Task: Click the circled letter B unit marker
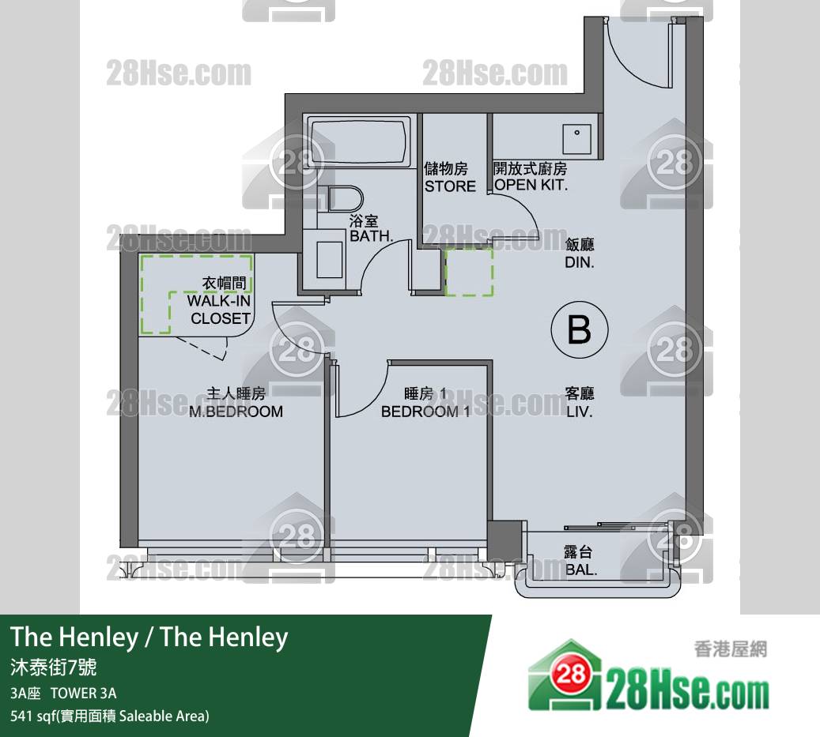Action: tap(580, 329)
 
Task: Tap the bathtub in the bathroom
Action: tap(359, 141)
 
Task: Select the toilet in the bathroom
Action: tap(345, 199)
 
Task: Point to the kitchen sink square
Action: tap(576, 139)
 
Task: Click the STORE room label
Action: tap(450, 186)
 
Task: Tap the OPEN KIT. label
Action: tap(531, 185)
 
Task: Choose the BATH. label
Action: tap(372, 236)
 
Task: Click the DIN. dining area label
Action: tap(580, 262)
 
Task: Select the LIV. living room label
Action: tap(580, 412)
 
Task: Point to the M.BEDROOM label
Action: tap(236, 412)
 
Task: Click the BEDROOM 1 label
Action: tap(425, 412)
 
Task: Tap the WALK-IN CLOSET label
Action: tap(220, 309)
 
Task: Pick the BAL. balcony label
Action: tap(581, 570)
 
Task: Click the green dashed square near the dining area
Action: tap(469, 273)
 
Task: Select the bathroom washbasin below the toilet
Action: tap(330, 260)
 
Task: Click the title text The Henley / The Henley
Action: tap(149, 637)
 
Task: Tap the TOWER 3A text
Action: tap(84, 693)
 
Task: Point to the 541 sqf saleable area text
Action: tap(110, 716)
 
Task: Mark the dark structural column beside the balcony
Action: tap(504, 540)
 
